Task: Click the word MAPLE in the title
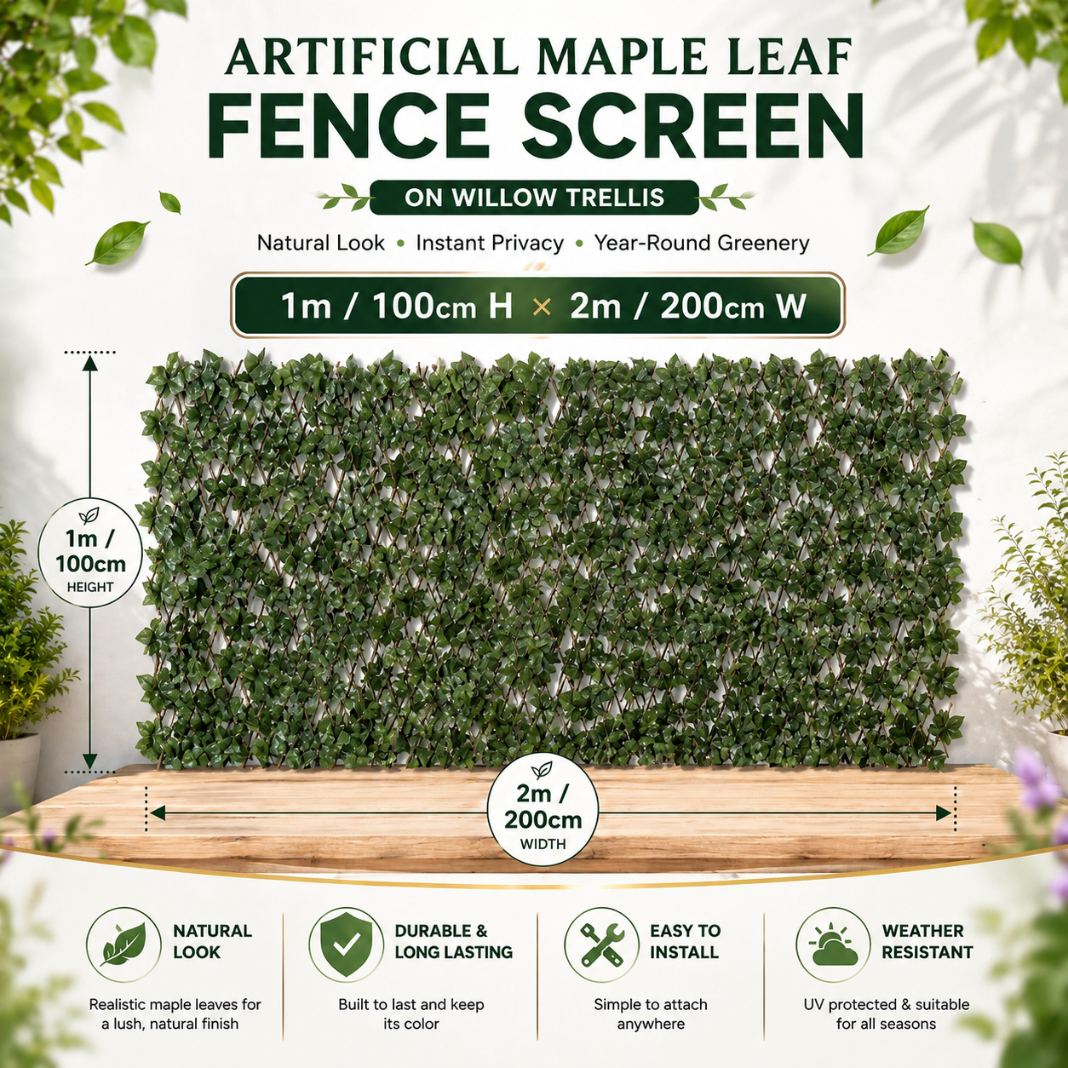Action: [584, 58]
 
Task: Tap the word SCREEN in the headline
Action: [693, 126]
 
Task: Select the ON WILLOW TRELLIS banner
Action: [534, 198]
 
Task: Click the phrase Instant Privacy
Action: [490, 244]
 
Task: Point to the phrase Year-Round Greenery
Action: [702, 244]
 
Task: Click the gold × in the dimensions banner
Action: [542, 307]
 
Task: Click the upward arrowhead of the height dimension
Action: [89, 364]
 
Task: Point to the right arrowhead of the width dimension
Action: [944, 813]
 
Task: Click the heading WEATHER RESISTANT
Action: [927, 942]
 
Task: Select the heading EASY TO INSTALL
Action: [685, 942]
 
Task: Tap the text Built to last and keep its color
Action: [411, 1014]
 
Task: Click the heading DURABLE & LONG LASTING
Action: [453, 942]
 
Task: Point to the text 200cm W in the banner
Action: [732, 307]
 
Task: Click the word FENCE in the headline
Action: [349, 126]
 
